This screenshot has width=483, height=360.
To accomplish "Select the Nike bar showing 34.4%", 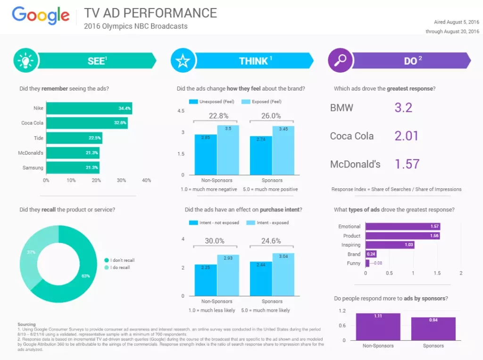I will point(89,109).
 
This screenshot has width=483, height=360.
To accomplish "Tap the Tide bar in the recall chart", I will point(74,138).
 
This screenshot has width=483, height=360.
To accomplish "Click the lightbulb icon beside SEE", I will point(25,60).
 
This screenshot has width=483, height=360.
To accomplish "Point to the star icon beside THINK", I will point(183,60).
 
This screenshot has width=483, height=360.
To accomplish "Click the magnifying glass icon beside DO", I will point(340,60).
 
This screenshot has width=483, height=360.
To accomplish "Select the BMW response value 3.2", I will point(403,108).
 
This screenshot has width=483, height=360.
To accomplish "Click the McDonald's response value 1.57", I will point(407,164).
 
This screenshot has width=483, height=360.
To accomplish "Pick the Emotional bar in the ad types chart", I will point(403,226).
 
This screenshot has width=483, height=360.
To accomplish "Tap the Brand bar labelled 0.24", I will point(371,254).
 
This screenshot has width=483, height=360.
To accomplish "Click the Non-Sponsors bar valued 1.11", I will point(378,327).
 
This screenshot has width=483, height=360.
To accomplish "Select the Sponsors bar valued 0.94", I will point(433,328).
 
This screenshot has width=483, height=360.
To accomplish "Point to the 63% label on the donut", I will point(85,276).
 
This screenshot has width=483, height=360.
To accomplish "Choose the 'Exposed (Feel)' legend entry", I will point(261,101).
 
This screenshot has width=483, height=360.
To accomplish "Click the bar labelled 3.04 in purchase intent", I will point(283,275).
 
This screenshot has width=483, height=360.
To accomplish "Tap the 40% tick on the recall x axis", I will point(146,180).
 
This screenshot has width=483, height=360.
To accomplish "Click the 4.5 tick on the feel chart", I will point(181,111).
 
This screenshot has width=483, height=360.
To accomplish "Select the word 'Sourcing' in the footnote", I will point(26,325).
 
